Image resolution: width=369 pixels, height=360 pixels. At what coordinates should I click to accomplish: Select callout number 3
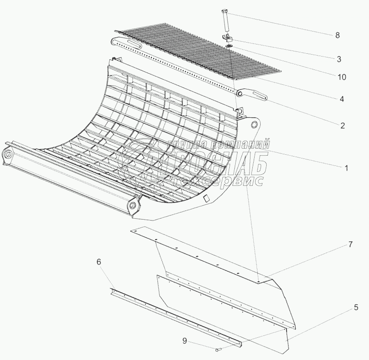pyautogui.click(x=339, y=59)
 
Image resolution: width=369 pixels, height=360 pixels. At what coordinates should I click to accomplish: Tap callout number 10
pyautogui.click(x=341, y=77)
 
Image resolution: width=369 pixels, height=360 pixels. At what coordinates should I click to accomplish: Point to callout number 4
pyautogui.click(x=341, y=99)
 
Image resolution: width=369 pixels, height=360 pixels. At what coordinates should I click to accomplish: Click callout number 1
pyautogui.click(x=346, y=168)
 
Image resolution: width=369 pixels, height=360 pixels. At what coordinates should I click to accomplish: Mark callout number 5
pyautogui.click(x=343, y=307)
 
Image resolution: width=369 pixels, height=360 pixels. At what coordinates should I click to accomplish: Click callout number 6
pyautogui.click(x=99, y=262)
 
